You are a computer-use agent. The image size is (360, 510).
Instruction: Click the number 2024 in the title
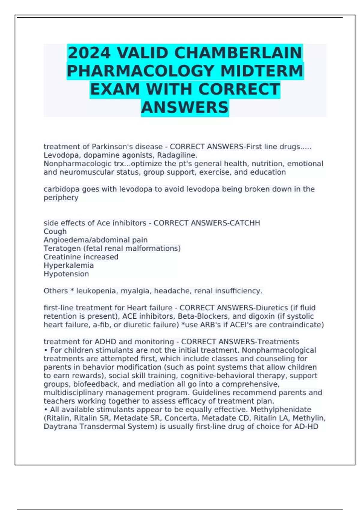[89, 53]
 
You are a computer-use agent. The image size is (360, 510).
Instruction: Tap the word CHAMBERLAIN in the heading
[238, 53]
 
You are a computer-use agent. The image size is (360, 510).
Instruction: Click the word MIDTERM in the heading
[262, 71]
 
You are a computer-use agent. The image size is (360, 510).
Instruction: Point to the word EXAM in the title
[115, 89]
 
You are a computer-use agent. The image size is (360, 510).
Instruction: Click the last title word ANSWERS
[185, 107]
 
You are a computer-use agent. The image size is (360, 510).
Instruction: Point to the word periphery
[61, 198]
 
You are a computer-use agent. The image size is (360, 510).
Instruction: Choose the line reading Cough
[55, 232]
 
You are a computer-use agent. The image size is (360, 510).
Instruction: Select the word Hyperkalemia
[69, 265]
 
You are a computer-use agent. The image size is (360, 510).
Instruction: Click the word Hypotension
[66, 274]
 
